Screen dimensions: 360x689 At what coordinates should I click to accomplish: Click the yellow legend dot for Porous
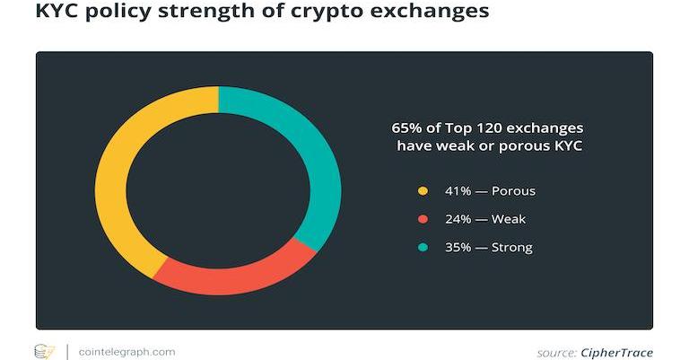[x=423, y=191]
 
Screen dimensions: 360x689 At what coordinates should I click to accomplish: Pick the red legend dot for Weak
[x=423, y=219]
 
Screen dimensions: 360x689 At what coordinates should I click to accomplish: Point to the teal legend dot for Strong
[x=423, y=247]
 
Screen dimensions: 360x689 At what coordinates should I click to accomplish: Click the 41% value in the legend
[x=458, y=191]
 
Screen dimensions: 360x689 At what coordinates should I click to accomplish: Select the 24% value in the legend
[x=458, y=219]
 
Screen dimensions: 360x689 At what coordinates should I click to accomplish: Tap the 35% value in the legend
[x=458, y=247]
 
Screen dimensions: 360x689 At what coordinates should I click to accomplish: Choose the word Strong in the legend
[x=512, y=247]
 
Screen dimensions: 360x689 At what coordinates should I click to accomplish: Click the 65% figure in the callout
[x=406, y=127]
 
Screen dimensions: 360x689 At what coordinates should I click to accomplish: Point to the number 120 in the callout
[x=486, y=127]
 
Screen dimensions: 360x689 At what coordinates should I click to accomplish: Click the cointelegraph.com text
[x=126, y=352]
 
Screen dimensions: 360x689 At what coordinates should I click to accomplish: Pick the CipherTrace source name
[x=616, y=353]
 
